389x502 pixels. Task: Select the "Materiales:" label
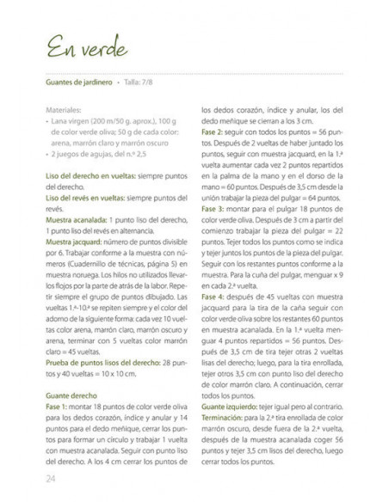tap(57, 111)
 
